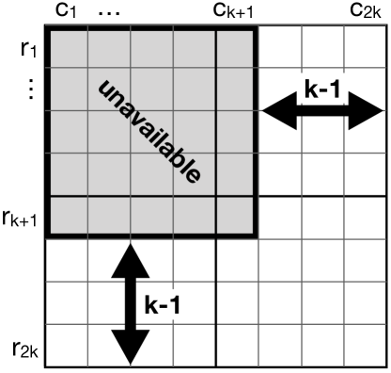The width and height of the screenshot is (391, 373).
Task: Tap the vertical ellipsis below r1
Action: (x=29, y=89)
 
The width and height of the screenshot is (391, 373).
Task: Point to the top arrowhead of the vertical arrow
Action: (x=132, y=252)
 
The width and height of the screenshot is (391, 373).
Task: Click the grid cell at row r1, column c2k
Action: (x=365, y=49)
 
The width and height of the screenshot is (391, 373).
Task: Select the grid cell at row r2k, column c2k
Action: (x=365, y=346)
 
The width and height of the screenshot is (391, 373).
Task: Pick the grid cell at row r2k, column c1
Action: (x=66, y=346)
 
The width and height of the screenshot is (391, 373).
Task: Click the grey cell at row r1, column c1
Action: (x=66, y=49)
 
